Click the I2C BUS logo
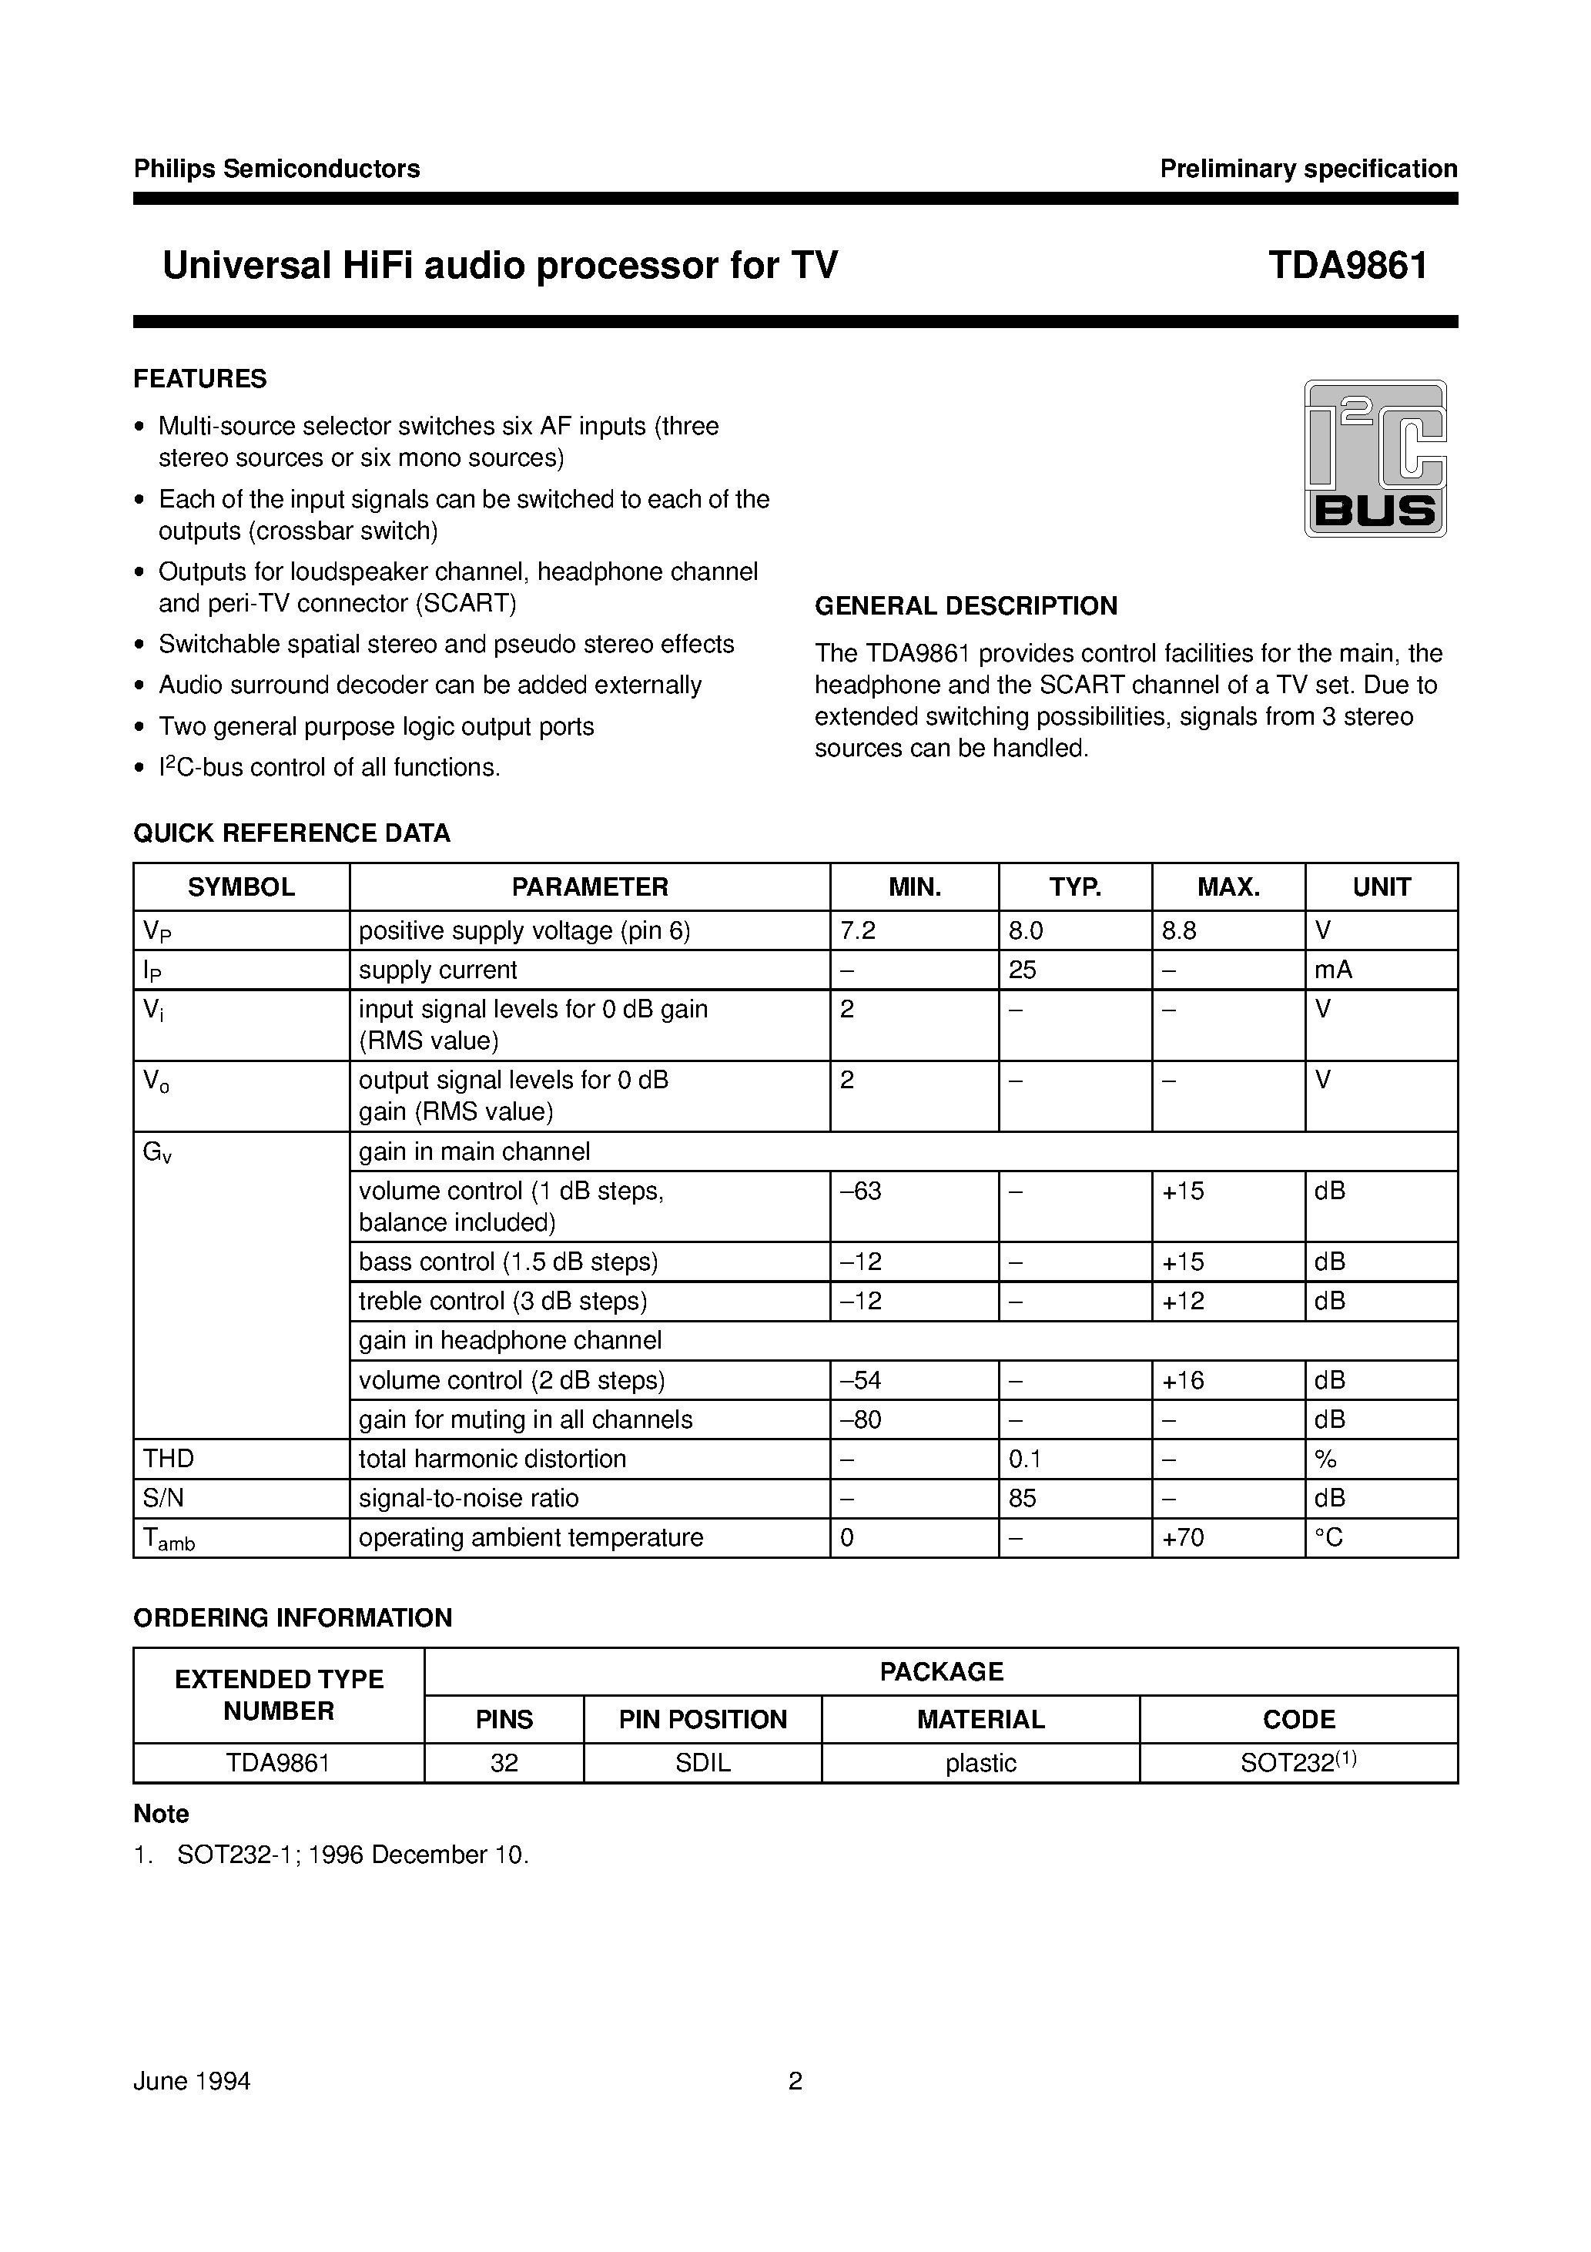tap(1375, 458)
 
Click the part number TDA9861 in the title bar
tap(1348, 266)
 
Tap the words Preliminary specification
tap(1308, 169)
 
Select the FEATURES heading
tap(200, 379)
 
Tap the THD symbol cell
tap(169, 1459)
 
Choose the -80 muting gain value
tap(860, 1419)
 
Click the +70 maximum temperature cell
tap(1183, 1537)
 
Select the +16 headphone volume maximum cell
tap(1183, 1380)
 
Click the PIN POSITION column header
tap(702, 1719)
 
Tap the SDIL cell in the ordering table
tap(702, 1763)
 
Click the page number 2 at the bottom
tap(795, 2080)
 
